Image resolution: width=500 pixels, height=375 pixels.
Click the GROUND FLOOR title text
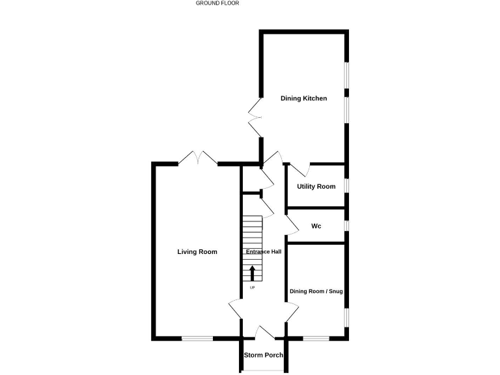point(217,3)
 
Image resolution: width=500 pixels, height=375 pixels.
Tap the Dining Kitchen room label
point(303,98)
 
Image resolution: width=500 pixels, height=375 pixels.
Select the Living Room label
point(197,252)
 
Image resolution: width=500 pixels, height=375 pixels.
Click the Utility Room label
point(316,187)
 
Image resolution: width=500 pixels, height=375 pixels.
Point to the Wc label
point(316,227)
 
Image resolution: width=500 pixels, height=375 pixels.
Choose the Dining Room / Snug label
point(316,292)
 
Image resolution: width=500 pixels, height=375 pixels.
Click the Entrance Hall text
point(263,252)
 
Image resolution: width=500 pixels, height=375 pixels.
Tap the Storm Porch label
point(263,355)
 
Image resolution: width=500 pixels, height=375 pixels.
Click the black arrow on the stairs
point(253,273)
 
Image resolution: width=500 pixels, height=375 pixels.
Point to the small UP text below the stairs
point(252,287)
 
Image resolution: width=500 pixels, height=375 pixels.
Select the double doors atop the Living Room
point(198,158)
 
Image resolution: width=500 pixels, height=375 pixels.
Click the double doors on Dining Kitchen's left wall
point(255,118)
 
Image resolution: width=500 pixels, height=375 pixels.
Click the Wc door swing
point(293,225)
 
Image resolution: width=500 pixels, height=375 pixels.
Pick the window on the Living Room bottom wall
point(197,338)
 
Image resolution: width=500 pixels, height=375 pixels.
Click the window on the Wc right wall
point(346,226)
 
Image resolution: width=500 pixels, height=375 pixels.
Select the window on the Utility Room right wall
point(346,186)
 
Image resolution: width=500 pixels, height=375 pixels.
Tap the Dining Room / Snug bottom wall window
point(316,338)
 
